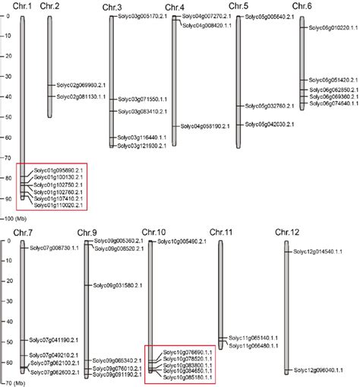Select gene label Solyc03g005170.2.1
click(x=142, y=14)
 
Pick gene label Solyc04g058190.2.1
click(x=204, y=126)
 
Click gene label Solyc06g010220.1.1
click(x=331, y=27)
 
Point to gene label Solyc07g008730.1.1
click(x=54, y=249)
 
